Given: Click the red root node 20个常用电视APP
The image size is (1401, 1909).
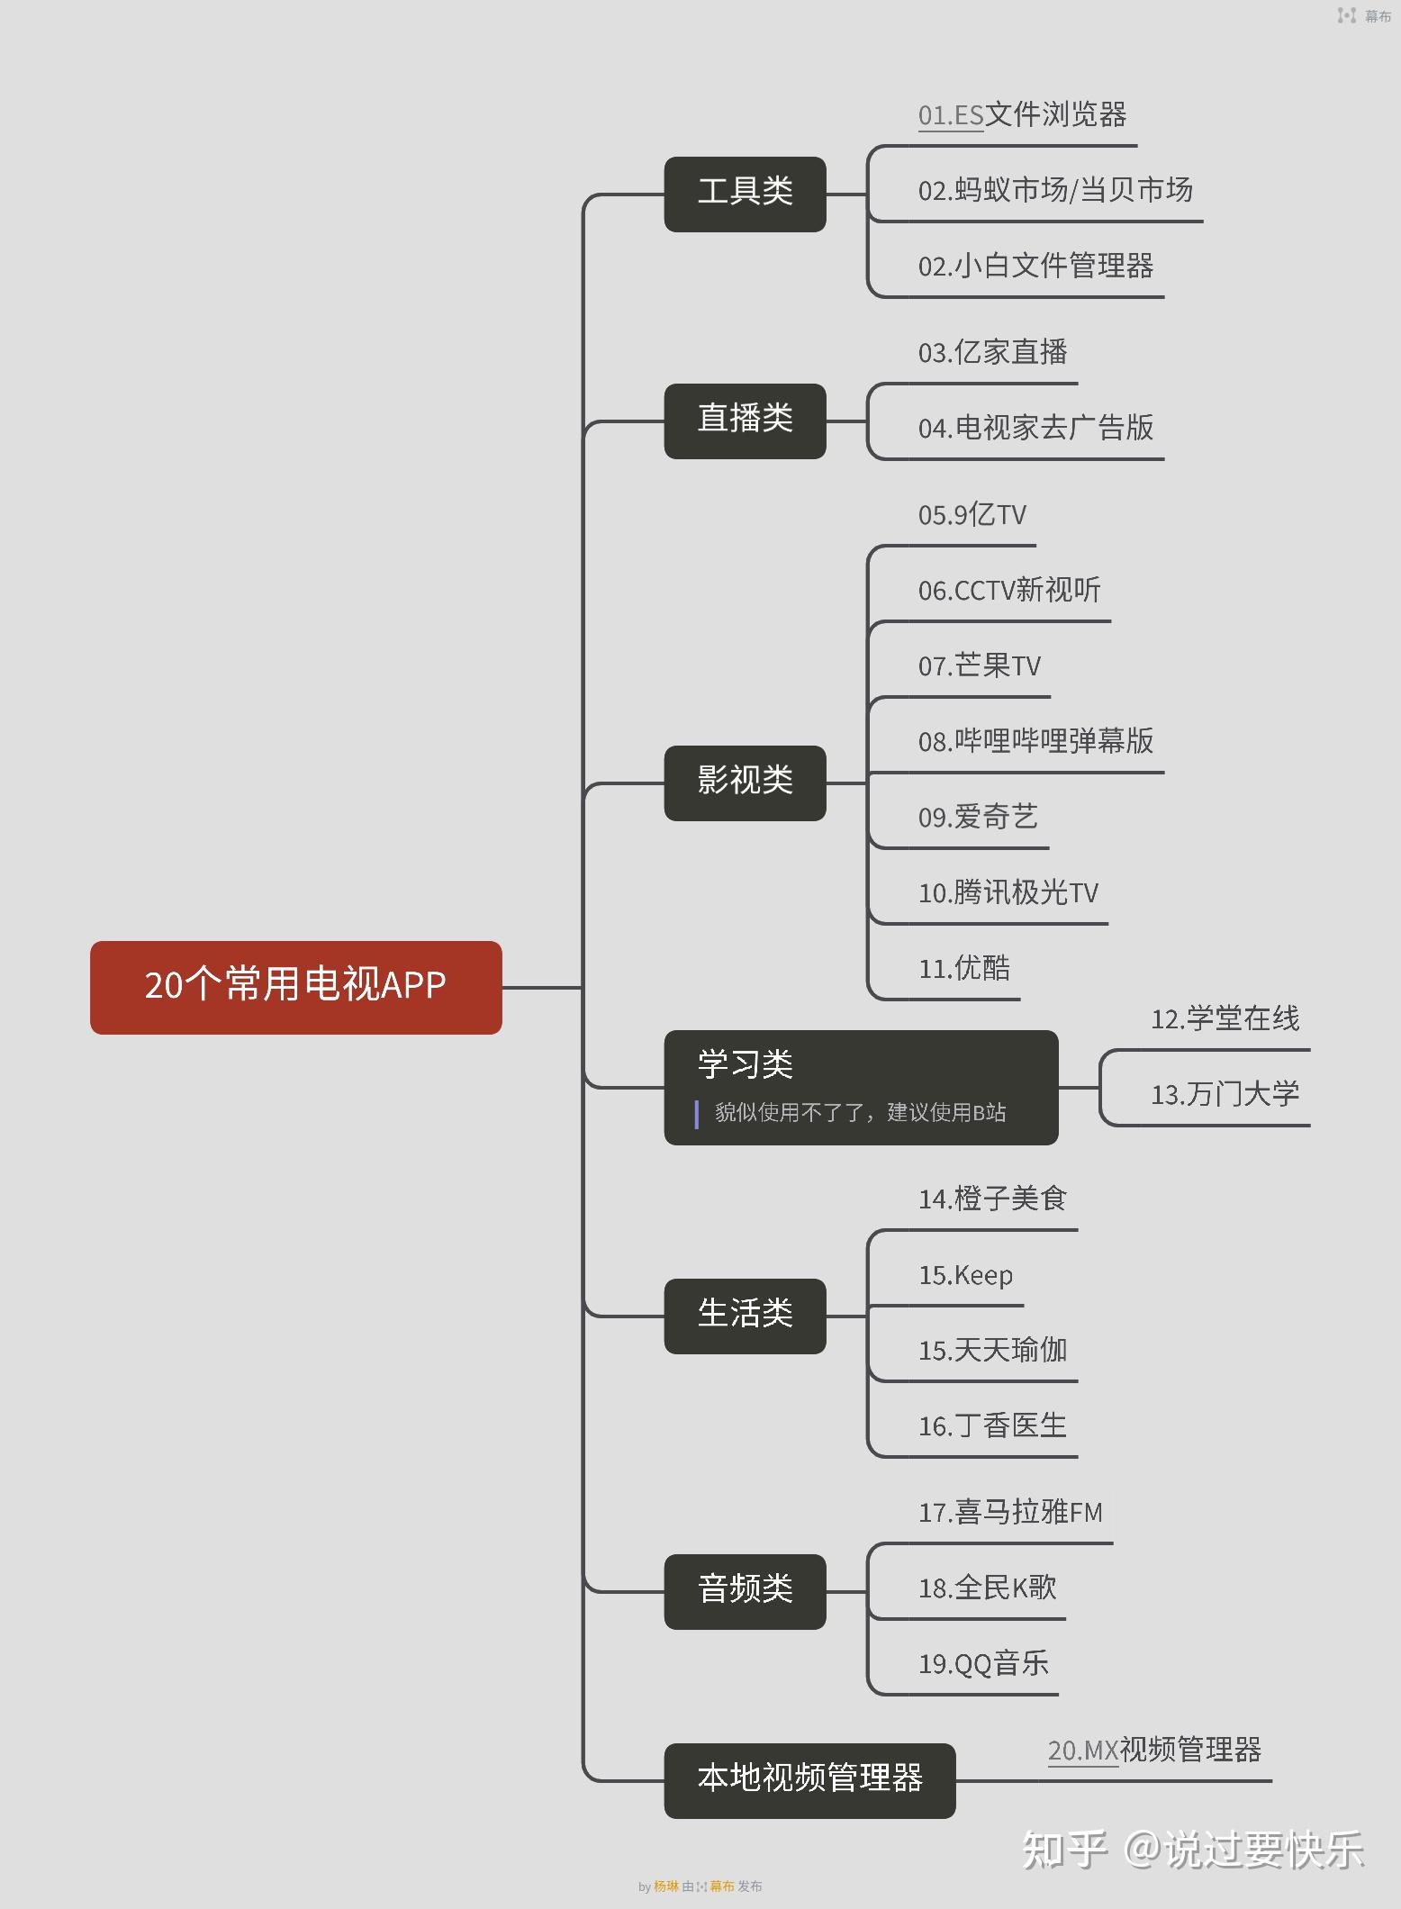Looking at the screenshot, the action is click(x=295, y=987).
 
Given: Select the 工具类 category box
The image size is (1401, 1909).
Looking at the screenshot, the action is click(x=745, y=194).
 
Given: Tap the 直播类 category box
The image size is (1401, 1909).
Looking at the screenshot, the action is click(x=745, y=421).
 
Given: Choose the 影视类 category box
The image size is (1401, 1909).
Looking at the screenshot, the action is click(x=745, y=783).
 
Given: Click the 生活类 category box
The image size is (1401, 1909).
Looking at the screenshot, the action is click(x=745, y=1316).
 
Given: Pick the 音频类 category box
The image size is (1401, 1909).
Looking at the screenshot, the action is click(x=745, y=1591).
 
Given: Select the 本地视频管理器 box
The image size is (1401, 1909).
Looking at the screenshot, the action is click(x=809, y=1780).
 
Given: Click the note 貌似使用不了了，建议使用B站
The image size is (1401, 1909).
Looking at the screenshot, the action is click(x=860, y=1113).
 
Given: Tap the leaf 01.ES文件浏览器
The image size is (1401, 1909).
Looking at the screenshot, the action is click(x=1022, y=115).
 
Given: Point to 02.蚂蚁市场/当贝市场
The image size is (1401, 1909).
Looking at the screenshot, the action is click(x=1055, y=191).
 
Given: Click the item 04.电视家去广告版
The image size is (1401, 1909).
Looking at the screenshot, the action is click(x=1035, y=428).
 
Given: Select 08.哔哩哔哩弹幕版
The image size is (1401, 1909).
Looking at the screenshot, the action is click(x=1035, y=742).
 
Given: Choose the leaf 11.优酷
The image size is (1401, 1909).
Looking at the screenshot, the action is click(x=964, y=969).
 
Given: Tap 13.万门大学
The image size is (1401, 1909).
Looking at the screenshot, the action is click(x=1225, y=1095).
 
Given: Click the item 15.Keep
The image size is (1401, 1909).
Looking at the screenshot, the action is click(x=965, y=1276).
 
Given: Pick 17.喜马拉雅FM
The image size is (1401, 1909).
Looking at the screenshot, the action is click(x=1010, y=1513).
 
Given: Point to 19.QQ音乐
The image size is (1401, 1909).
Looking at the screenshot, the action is click(x=983, y=1664).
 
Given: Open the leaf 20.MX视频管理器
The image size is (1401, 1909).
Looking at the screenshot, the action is click(x=1154, y=1751).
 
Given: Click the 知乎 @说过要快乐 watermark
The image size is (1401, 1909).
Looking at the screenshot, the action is click(x=1192, y=1850).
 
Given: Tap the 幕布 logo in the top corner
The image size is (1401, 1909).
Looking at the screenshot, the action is click(x=1364, y=15).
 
